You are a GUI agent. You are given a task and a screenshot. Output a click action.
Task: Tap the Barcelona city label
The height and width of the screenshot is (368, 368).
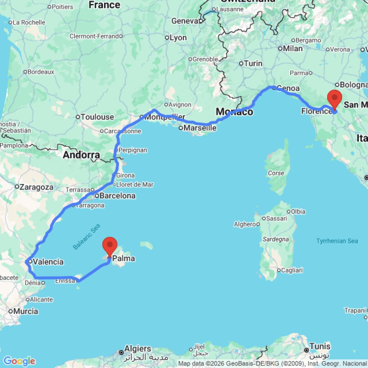(117, 196)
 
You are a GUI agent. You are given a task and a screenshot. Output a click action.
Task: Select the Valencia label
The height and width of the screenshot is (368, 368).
(48, 262)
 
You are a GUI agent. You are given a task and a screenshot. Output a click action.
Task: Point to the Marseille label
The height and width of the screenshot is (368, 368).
(200, 128)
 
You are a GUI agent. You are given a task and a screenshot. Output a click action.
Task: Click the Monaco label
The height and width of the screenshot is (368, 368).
(234, 112)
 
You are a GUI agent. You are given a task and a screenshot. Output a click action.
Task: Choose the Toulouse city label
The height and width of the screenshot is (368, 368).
(97, 117)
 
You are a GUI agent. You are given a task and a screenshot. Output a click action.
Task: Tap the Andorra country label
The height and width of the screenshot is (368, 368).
(81, 155)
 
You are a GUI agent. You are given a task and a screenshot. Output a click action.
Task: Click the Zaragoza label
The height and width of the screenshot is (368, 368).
(36, 187)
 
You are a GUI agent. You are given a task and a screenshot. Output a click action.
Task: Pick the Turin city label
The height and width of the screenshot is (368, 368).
(253, 64)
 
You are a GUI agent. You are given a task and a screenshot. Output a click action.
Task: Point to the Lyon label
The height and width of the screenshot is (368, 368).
(178, 38)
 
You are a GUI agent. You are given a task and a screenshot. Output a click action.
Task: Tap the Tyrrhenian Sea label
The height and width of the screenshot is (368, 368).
(337, 241)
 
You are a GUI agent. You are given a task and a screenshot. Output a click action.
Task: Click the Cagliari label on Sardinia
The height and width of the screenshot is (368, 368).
(292, 270)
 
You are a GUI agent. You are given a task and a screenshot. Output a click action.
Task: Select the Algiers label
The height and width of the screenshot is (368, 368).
(138, 348)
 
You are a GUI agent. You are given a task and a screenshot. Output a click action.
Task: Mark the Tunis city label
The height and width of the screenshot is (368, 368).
(320, 346)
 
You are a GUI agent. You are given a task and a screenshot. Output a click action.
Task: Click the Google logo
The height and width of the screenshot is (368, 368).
(19, 361)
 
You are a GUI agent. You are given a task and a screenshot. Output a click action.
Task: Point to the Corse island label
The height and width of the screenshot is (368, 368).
(276, 173)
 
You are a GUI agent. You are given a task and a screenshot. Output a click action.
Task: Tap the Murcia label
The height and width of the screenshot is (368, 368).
(26, 311)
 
